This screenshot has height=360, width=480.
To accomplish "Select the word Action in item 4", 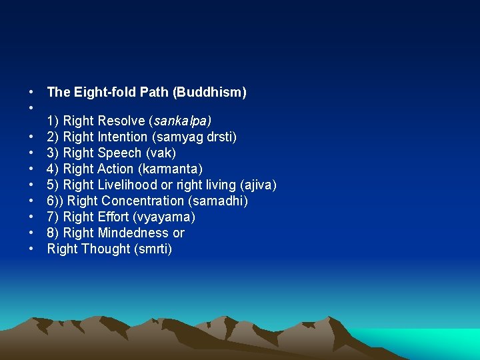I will [x=115, y=169].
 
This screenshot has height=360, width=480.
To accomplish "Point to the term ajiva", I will [x=258, y=185].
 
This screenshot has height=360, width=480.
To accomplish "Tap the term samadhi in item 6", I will [x=222, y=201].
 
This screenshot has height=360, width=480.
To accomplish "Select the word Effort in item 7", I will [x=113, y=217].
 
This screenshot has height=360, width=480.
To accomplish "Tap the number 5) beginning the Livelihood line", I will [x=53, y=185].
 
